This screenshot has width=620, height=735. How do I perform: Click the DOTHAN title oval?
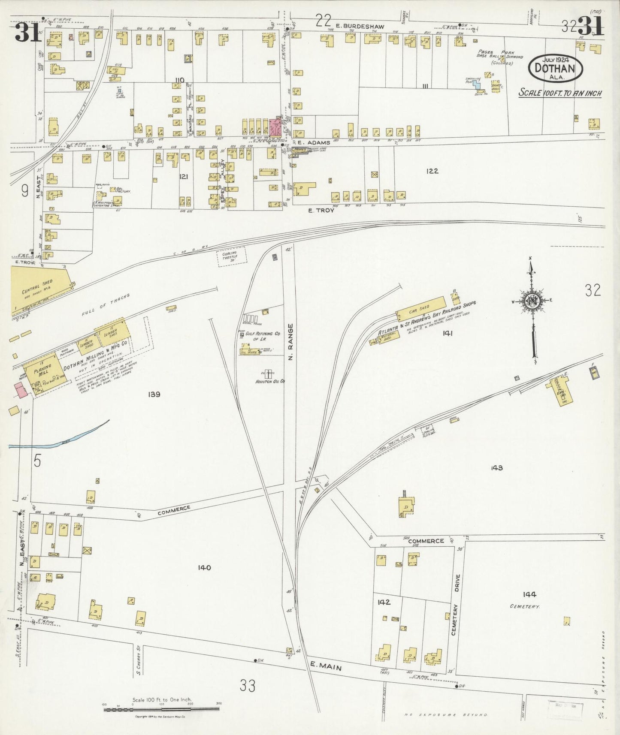point(556,68)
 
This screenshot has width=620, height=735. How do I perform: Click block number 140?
point(204,568)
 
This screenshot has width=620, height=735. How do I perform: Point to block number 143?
point(496,468)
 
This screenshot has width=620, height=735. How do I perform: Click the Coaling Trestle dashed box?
point(232,256)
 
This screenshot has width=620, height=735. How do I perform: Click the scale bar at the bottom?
point(162,710)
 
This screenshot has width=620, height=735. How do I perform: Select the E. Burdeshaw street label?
point(360,26)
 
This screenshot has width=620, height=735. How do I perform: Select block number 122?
point(432,171)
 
